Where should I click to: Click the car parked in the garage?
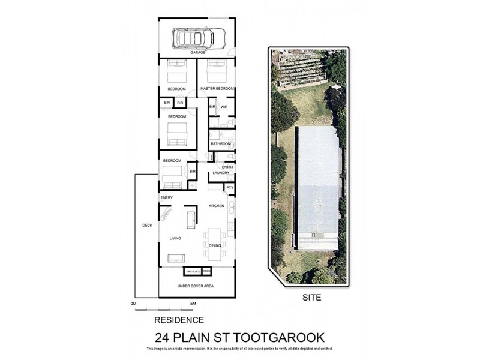(x=199, y=38)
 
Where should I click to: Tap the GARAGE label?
(x=198, y=53)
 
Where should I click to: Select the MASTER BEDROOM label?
(x=217, y=89)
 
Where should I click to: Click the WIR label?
(x=224, y=107)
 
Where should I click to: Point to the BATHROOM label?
(x=221, y=144)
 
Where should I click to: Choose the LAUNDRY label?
(x=221, y=173)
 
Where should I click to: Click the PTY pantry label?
(x=230, y=188)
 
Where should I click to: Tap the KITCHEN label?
(x=216, y=206)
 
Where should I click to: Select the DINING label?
(x=214, y=245)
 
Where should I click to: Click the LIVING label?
(x=175, y=238)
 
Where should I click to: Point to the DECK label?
(x=147, y=226)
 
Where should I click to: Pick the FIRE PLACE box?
(x=192, y=271)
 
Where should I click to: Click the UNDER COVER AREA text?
(x=196, y=286)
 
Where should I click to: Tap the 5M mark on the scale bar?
(x=193, y=304)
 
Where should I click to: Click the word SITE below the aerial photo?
(x=311, y=297)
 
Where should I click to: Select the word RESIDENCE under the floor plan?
(x=179, y=320)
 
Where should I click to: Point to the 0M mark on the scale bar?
(x=133, y=304)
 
